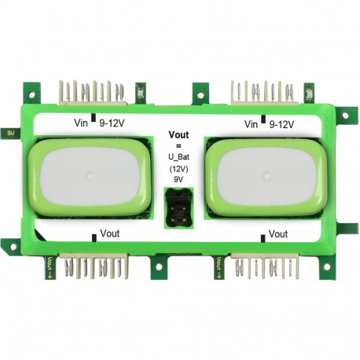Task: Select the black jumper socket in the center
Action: (x=179, y=209)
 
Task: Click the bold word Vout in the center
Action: (x=180, y=135)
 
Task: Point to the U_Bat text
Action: (x=180, y=157)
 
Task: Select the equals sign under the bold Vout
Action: (x=179, y=146)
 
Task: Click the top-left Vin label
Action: (x=82, y=124)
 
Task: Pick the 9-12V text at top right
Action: (x=281, y=124)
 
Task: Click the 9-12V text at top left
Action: (x=112, y=124)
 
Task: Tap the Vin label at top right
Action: (x=252, y=124)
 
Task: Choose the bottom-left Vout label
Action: (x=110, y=234)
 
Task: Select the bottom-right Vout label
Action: (x=278, y=234)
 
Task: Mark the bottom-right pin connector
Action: (x=265, y=269)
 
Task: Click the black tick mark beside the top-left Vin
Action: (x=94, y=119)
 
